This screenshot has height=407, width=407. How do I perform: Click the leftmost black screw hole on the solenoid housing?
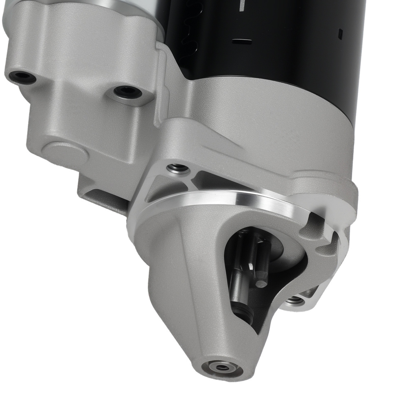point(23,77)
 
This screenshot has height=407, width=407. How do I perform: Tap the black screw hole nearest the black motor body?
point(127,92)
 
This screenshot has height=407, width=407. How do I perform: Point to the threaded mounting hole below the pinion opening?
point(294,300)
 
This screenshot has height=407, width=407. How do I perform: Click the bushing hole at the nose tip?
point(222,367)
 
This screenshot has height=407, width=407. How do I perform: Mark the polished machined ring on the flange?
point(228,200)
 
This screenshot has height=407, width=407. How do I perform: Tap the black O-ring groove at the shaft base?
point(243,315)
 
